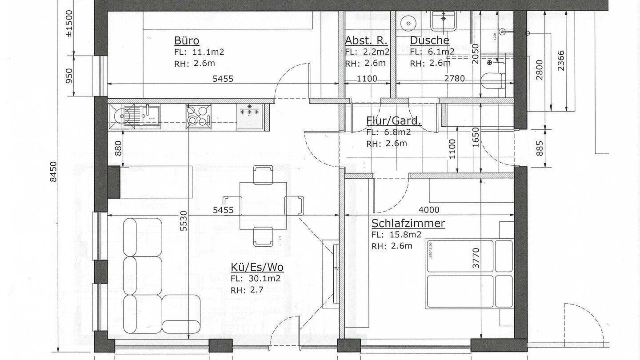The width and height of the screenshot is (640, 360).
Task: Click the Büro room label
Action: (186, 41)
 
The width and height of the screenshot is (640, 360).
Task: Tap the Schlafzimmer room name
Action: (408, 223)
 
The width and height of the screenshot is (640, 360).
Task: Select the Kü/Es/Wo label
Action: (257, 267)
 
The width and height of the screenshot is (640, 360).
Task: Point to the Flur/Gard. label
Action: (394, 120)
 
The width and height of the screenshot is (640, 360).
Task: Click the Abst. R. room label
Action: (367, 40)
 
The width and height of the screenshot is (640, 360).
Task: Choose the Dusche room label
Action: (429, 40)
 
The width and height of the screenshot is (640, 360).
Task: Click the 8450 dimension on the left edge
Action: (53, 171)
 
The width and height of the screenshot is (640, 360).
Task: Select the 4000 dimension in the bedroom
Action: (429, 210)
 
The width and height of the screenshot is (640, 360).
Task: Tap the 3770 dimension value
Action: (476, 258)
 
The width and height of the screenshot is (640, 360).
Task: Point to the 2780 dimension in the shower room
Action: (454, 79)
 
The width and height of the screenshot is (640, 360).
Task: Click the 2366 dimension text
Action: (561, 61)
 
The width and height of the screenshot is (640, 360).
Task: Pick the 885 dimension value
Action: (539, 148)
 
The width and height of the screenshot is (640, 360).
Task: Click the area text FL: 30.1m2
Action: (255, 279)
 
